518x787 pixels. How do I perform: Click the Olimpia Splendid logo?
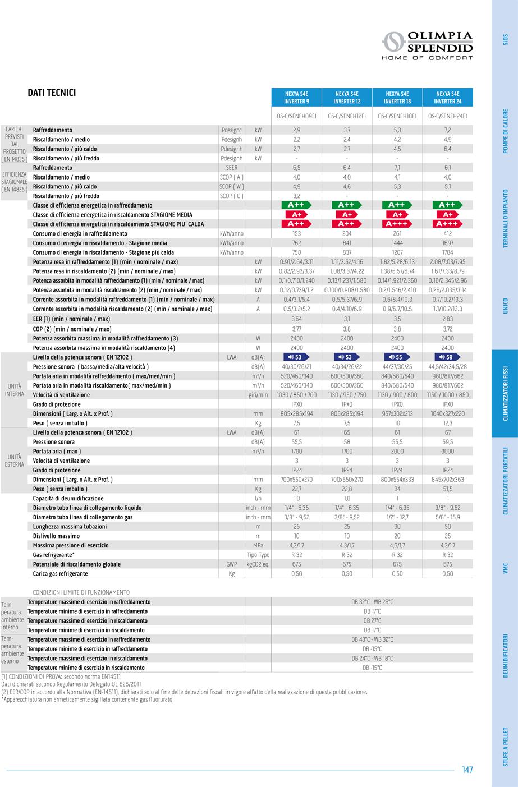pos(427,45)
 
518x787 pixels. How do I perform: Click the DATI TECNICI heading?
pos(52,93)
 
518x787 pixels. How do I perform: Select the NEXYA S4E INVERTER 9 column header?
pos(297,98)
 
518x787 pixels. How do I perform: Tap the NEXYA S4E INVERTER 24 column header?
pos(447,98)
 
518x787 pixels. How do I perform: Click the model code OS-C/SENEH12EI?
pos(347,116)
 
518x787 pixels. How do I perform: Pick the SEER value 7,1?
pos(397,168)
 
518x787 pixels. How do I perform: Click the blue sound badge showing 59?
pos(447,357)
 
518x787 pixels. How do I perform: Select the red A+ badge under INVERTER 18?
pos(397,215)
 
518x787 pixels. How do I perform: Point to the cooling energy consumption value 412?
pos(448,233)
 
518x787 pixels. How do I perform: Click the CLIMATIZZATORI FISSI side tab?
pos(505,394)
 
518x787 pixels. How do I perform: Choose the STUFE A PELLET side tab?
pos(505,747)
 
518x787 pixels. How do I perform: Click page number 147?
pos(467,770)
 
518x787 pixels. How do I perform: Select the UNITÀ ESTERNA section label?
pos(14,461)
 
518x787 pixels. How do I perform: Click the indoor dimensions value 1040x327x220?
pos(448,413)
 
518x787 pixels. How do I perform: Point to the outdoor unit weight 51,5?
pos(448,489)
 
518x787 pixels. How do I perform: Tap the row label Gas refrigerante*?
pos(57,555)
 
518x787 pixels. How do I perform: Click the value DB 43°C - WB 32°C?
pos(372,639)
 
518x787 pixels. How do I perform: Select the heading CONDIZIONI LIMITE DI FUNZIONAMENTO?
pos(81,592)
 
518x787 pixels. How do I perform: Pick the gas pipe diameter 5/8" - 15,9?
pos(448,517)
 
